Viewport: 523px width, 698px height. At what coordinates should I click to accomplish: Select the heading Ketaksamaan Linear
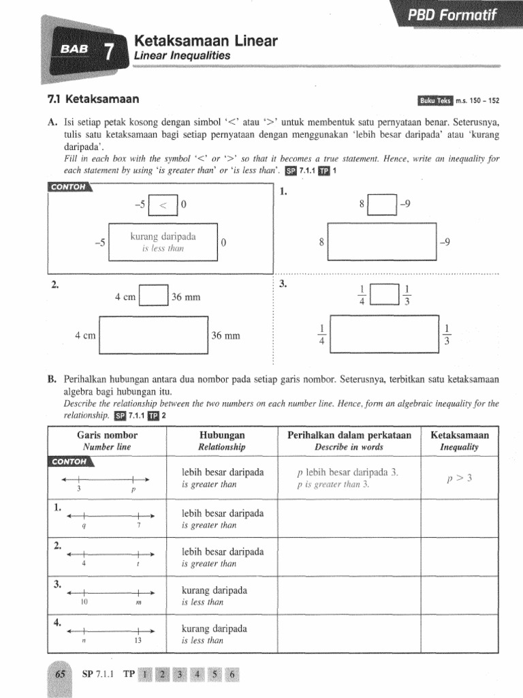click(206, 42)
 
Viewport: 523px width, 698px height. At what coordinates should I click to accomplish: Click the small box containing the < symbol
click(163, 204)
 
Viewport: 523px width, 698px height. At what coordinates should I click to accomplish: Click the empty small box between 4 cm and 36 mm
click(153, 297)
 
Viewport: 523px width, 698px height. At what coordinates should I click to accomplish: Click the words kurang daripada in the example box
click(163, 237)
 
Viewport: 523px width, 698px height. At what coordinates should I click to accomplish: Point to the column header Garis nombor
click(107, 435)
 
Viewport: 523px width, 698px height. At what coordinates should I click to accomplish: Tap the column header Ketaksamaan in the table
click(460, 435)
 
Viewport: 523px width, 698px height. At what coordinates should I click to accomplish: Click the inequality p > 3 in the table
click(460, 478)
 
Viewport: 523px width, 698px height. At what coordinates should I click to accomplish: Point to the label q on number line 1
click(83, 526)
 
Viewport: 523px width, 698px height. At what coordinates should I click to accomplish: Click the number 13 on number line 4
click(138, 641)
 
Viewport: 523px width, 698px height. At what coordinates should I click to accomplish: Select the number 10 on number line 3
click(84, 603)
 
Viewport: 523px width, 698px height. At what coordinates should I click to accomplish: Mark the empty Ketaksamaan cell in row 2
click(460, 557)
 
